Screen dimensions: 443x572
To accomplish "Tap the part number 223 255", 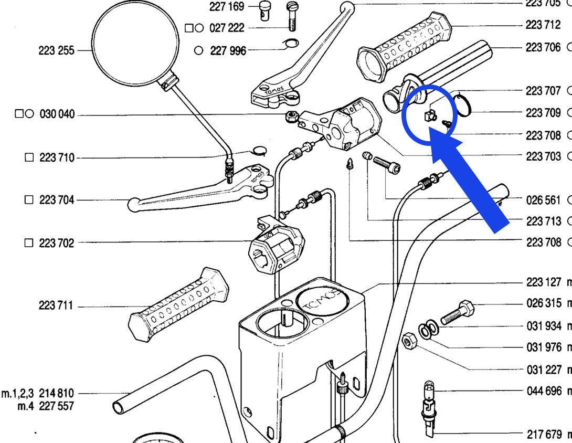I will click(x=56, y=51).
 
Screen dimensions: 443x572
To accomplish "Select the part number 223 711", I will click(x=56, y=305).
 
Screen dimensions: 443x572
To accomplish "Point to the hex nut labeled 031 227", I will click(x=409, y=343).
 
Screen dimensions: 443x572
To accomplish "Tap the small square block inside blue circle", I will click(x=427, y=114).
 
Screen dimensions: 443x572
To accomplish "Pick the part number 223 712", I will click(x=543, y=25).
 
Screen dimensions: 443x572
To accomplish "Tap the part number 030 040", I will click(x=57, y=114).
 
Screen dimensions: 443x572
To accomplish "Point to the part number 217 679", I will click(x=544, y=434).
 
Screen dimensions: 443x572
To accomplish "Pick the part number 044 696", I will click(x=544, y=391).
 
